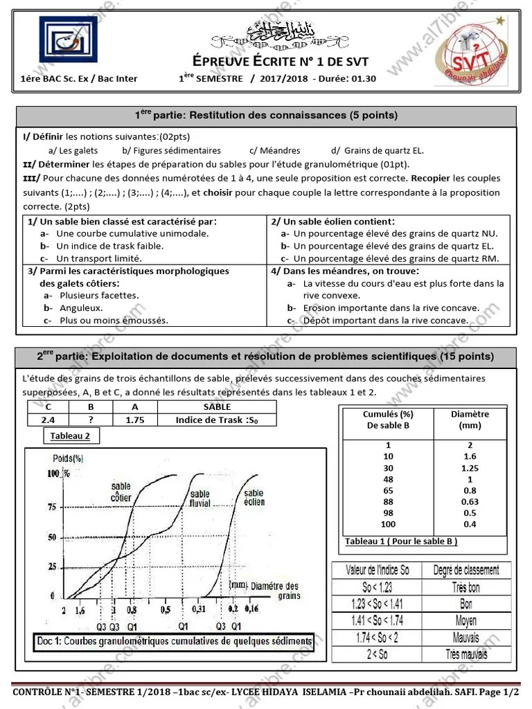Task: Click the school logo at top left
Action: click(60, 42)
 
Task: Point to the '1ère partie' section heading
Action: click(266, 115)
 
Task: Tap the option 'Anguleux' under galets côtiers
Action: click(80, 307)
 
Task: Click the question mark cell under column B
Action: click(91, 420)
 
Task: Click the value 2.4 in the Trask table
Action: click(47, 420)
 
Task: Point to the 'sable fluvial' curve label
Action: click(201, 499)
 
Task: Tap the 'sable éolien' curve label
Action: click(254, 496)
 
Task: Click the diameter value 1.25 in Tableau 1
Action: click(470, 468)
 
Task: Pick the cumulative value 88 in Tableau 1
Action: click(388, 501)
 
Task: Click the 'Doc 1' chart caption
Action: click(173, 641)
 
